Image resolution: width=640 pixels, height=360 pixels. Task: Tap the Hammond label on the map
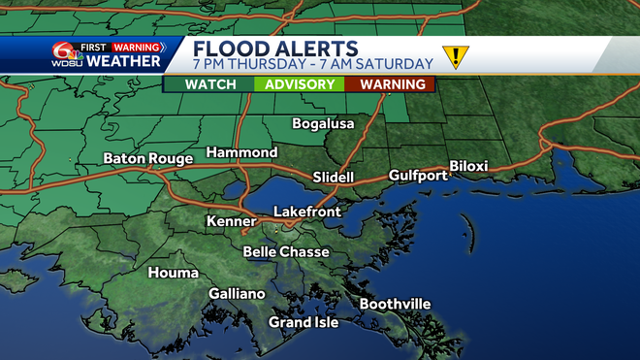click(241, 153)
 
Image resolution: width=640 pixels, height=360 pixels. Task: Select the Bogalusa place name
click(324, 124)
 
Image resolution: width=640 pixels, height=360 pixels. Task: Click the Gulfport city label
click(418, 176)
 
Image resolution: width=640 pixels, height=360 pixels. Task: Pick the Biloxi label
click(468, 166)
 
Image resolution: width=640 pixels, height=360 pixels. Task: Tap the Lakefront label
click(307, 211)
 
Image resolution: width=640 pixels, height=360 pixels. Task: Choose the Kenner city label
click(231, 222)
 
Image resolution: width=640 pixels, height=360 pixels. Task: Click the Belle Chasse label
click(286, 251)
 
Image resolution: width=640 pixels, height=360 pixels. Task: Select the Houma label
click(174, 273)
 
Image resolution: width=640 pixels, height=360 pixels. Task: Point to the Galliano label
click(237, 294)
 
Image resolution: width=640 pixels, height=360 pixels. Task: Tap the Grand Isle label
click(304, 322)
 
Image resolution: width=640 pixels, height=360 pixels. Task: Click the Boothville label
click(395, 305)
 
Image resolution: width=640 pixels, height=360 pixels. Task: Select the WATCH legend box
click(210, 84)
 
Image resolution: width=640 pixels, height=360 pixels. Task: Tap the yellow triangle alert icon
click(454, 56)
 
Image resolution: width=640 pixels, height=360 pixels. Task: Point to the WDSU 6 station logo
click(63, 55)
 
